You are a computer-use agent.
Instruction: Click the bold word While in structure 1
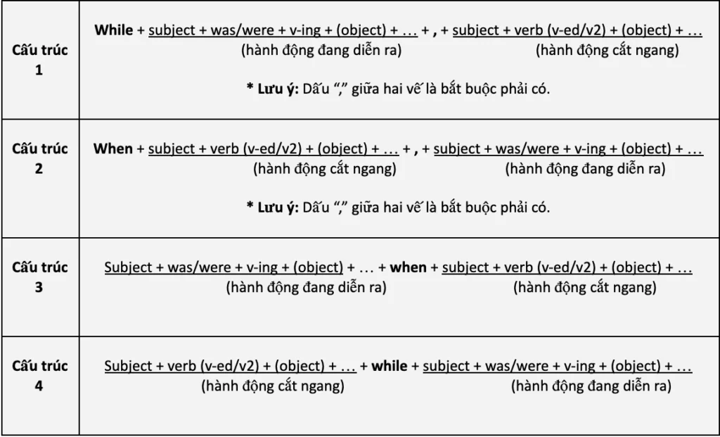(113, 30)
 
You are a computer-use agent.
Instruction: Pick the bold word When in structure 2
(112, 149)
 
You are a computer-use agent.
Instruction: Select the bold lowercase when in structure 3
(408, 268)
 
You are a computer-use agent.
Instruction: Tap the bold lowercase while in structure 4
(389, 367)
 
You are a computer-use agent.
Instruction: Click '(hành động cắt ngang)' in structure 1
(607, 50)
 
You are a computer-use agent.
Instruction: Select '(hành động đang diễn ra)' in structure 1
(322, 50)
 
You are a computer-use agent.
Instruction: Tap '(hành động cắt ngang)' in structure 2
(324, 169)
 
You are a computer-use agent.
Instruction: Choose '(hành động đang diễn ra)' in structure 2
(585, 169)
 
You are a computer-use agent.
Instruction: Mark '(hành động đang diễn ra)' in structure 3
(306, 288)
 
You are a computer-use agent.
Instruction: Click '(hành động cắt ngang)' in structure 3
(585, 288)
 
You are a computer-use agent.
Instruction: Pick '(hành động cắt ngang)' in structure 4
(273, 386)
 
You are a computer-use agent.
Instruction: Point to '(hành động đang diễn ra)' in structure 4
(591, 386)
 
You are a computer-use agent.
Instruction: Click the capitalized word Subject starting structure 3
(129, 268)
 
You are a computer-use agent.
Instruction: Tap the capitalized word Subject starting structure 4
(129, 367)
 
